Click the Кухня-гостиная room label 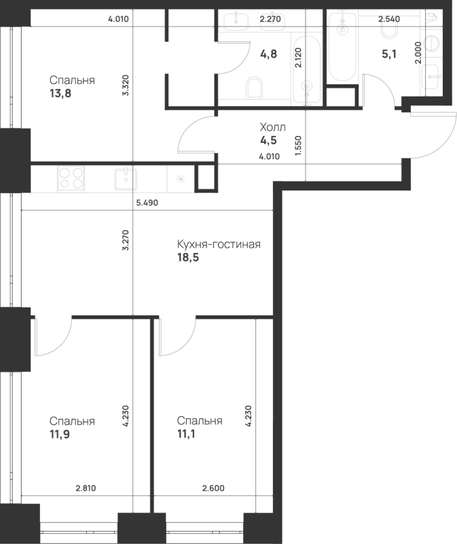coord(219,244)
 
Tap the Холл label coord(273,127)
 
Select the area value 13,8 coord(60,93)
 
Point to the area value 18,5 coord(188,258)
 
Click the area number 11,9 coord(60,434)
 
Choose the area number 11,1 coord(186,434)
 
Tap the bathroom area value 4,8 coord(268,54)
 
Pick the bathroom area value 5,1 coord(389,54)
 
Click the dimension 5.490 coord(147,203)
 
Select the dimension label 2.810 coord(86,488)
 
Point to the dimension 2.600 coord(213,488)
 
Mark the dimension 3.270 coord(126,240)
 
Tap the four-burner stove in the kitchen coord(71,179)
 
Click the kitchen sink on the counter coord(126,179)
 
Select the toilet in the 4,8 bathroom coord(255,88)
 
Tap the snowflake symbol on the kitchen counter coord(181,179)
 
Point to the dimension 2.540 coord(389,19)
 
